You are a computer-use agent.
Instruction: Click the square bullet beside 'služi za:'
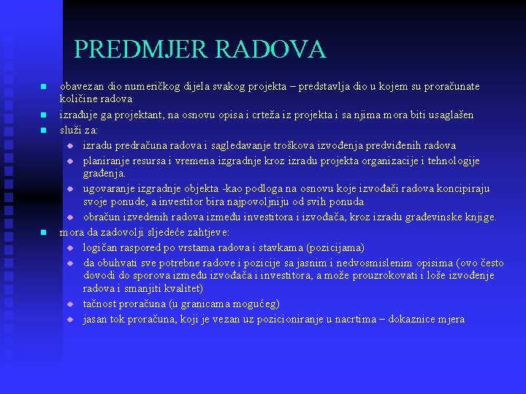pos(44,131)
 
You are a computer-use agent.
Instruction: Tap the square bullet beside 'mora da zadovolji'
pos(44,233)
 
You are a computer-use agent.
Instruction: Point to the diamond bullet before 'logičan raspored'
pos(71,247)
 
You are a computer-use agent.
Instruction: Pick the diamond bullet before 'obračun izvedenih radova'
pos(71,217)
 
